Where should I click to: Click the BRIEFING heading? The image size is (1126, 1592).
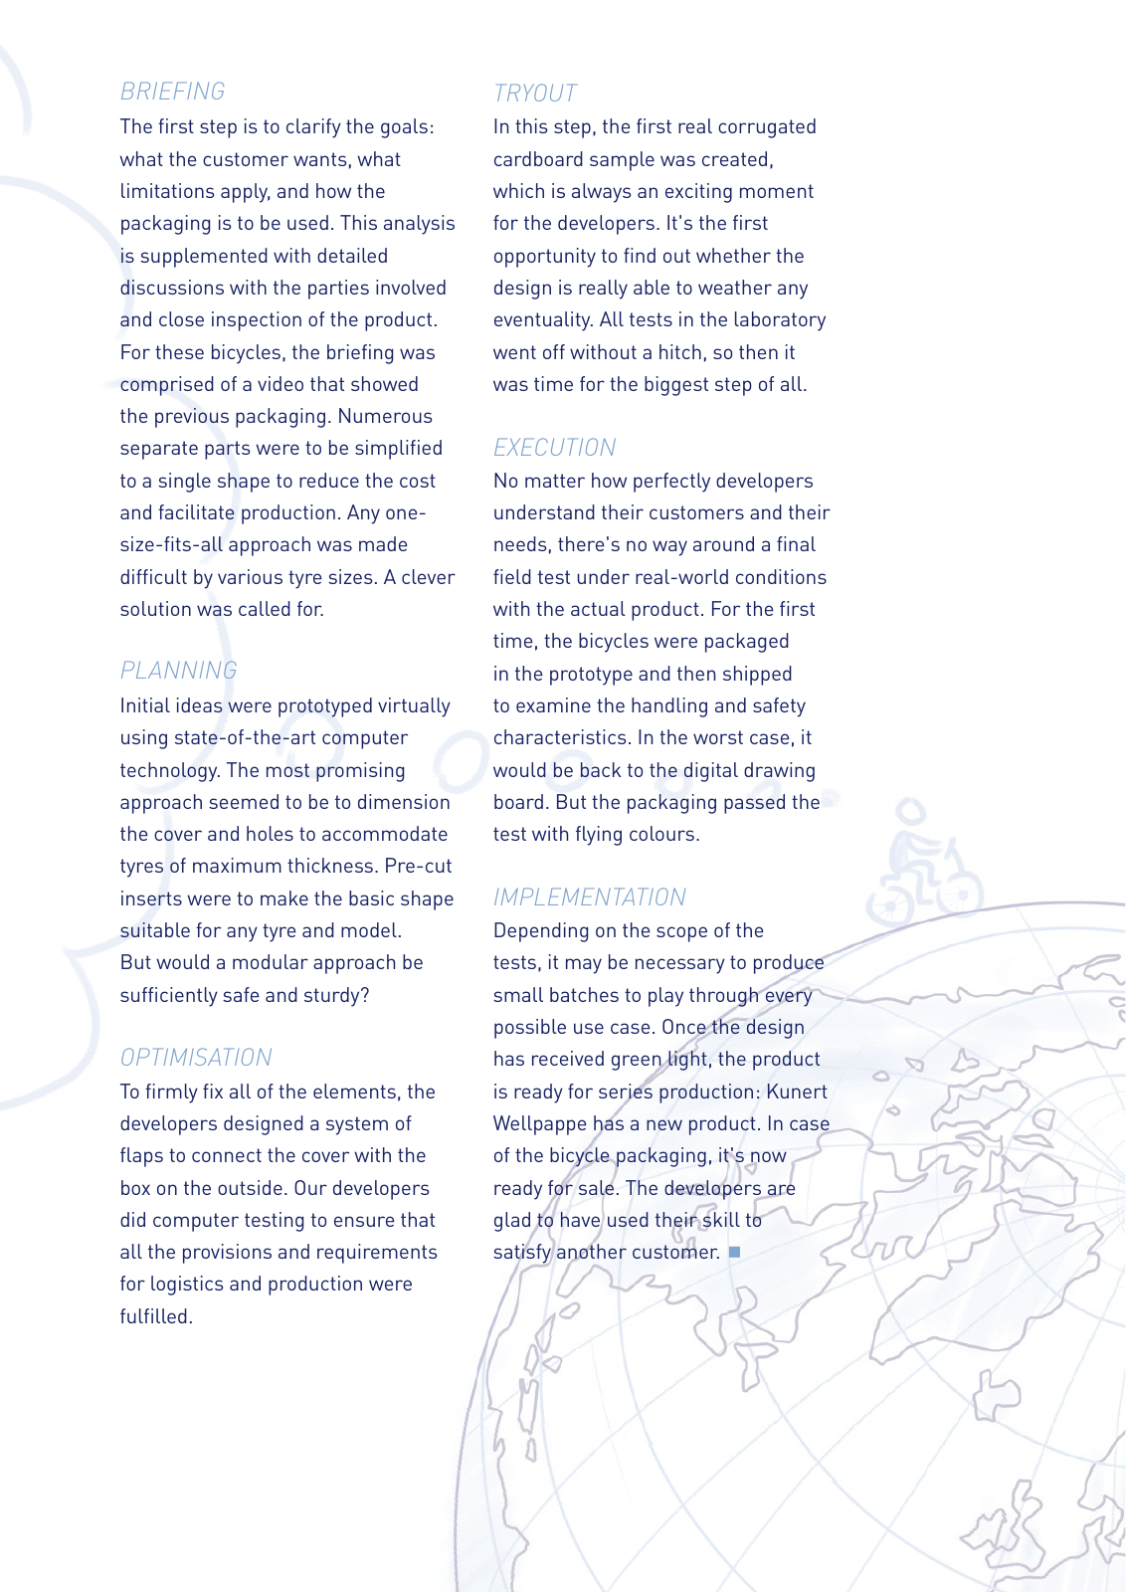coord(172,92)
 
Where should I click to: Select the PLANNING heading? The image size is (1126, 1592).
coord(178,671)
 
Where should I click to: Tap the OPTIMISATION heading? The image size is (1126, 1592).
coord(196,1057)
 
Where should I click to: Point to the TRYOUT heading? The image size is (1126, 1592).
coord(535,94)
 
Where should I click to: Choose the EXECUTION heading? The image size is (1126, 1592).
coord(554,448)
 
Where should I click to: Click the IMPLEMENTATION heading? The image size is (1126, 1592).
coord(589,897)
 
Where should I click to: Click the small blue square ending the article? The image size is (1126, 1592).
coord(735,1252)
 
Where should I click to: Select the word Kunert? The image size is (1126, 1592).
coord(797,1092)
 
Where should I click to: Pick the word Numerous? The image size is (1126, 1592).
coord(385,417)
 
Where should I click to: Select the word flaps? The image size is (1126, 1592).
coord(143,1156)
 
